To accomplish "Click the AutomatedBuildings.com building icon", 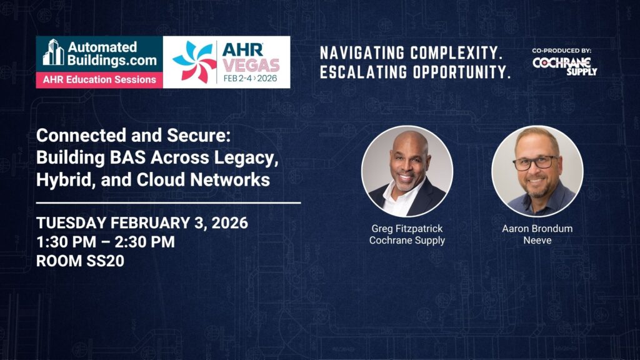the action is point(54,52).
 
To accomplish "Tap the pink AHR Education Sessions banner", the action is point(99,79).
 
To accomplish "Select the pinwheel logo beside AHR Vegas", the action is point(194,62).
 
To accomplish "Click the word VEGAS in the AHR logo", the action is point(251,65).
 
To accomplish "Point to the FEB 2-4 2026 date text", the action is point(250,78).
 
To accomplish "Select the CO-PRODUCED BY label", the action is point(562,51).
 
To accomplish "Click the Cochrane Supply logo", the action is point(564,65).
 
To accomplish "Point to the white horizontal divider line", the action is point(169,202).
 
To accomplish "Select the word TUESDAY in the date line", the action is point(71,223).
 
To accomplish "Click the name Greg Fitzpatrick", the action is point(407,229).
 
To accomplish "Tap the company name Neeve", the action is point(537,241).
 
